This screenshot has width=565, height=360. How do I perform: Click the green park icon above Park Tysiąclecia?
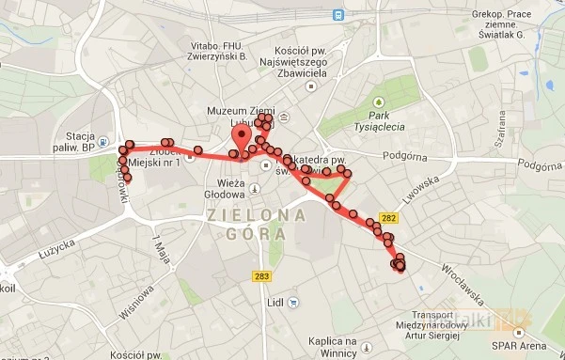(x=381, y=101)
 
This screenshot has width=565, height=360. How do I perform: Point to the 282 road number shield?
(x=391, y=218)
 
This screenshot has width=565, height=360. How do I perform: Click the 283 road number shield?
(x=262, y=275)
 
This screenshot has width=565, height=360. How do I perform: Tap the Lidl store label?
(x=275, y=303)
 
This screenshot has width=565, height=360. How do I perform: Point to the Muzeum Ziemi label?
(x=242, y=111)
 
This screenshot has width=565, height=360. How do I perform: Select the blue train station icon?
(x=337, y=14)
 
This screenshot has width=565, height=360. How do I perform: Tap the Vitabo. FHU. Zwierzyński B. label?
(x=219, y=51)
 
